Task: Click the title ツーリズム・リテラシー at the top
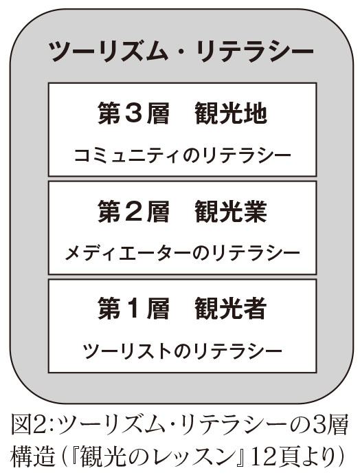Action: tap(181, 52)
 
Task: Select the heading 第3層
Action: tap(133, 113)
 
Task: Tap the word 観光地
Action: tap(231, 113)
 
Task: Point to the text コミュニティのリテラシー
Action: tap(182, 156)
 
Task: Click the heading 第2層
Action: tap(133, 211)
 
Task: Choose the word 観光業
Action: tap(231, 211)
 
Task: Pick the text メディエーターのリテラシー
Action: tap(182, 254)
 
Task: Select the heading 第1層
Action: tap(133, 309)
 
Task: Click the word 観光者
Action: tap(231, 309)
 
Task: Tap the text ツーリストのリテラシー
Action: tap(182, 351)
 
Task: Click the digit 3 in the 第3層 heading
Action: tap(133, 113)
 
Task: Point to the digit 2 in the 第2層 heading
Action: tap(133, 212)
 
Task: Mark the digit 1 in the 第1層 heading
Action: tap(133, 309)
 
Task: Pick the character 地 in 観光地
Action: tap(256, 113)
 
